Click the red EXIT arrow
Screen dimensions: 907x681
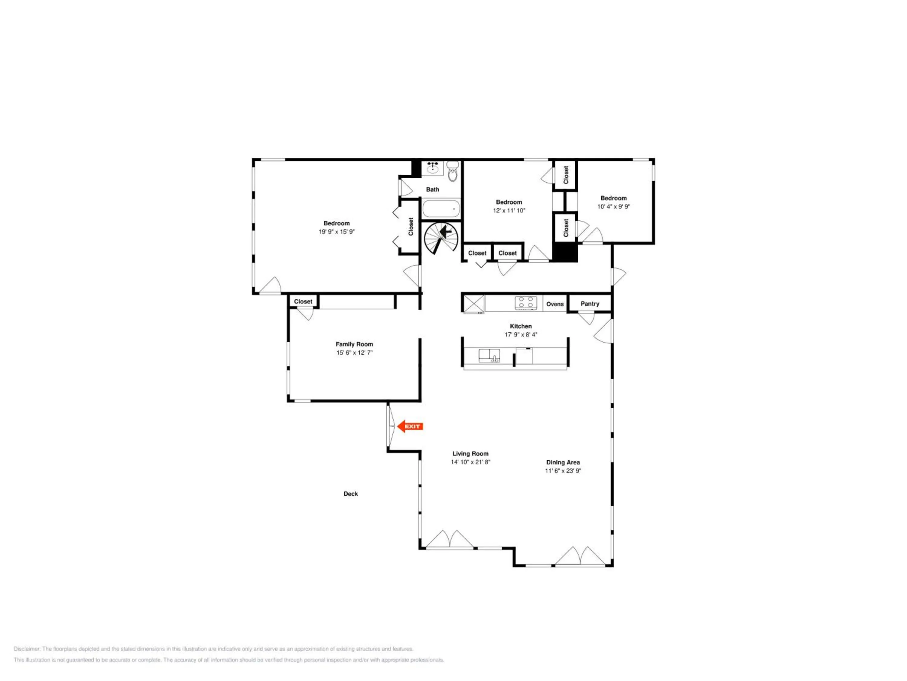410,426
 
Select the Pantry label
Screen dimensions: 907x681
590,304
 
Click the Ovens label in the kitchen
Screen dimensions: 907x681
555,304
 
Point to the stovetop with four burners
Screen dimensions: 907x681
526,303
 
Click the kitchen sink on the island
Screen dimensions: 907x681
489,356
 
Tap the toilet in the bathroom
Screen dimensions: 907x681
452,171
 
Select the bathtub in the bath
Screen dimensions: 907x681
441,209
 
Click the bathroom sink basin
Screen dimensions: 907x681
433,168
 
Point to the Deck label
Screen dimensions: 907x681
351,494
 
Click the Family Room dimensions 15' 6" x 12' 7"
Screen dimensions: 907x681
354,353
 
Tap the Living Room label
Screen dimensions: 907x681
470,454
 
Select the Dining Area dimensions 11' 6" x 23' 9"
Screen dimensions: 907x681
563,471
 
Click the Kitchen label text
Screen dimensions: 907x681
521,326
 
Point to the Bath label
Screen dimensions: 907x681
433,190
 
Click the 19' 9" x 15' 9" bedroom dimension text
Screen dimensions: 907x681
336,232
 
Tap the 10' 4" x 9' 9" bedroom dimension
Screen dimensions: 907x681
613,206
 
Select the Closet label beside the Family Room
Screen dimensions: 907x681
303,302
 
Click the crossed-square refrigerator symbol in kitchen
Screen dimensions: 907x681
474,304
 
